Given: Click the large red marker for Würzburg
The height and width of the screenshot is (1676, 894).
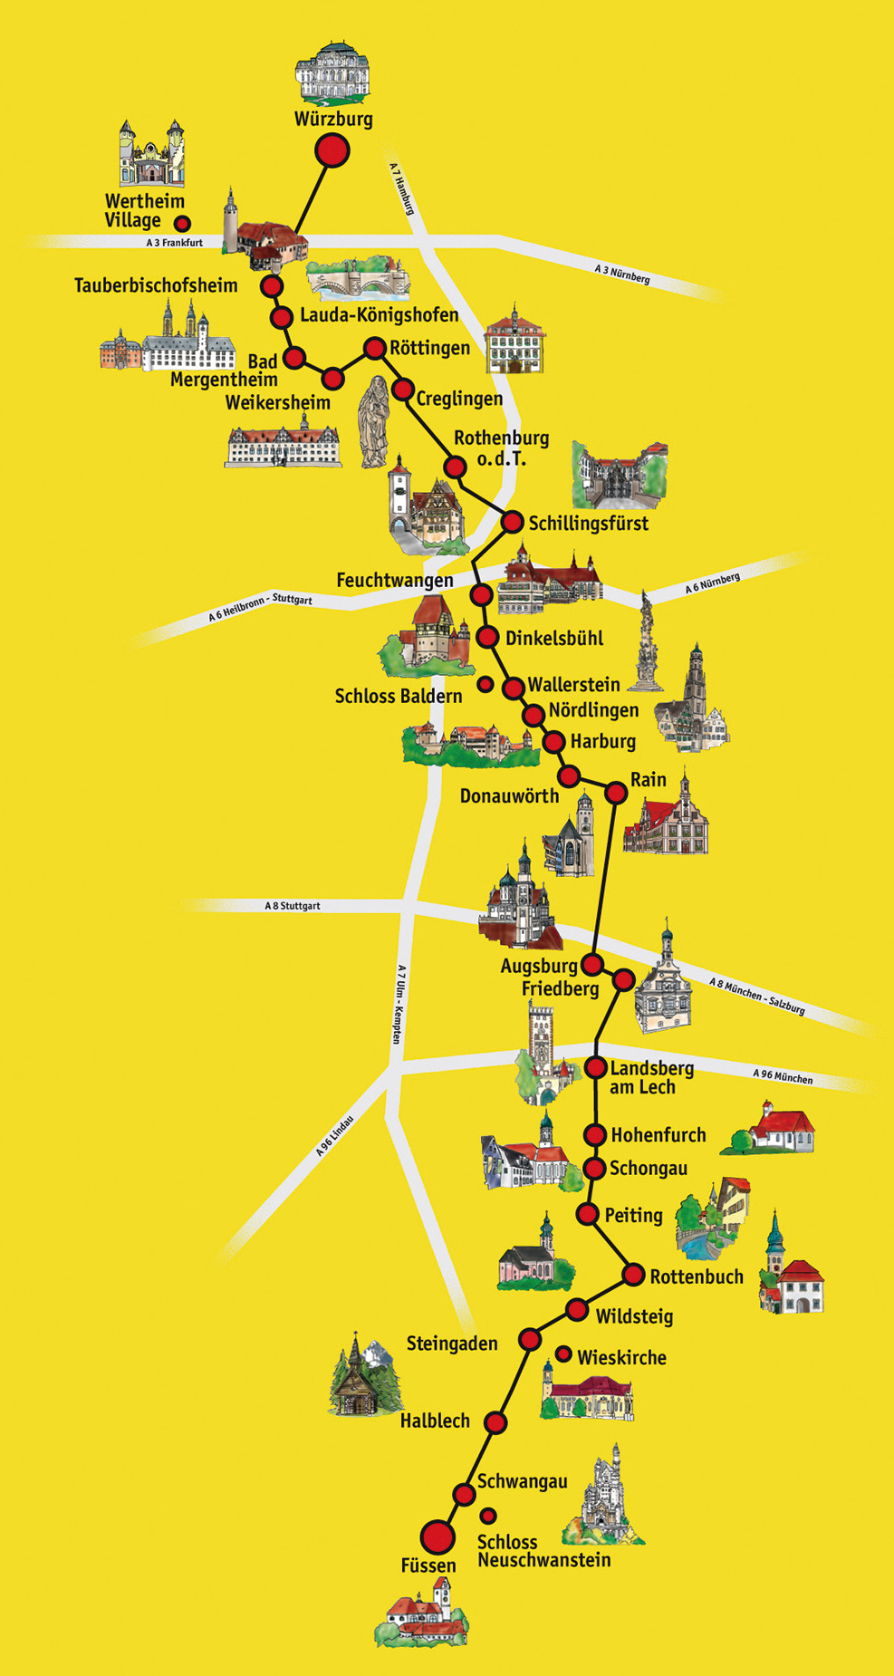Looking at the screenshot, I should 332,150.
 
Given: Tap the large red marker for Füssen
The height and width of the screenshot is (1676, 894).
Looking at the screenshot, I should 438,1536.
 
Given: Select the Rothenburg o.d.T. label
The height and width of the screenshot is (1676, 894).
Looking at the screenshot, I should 501,448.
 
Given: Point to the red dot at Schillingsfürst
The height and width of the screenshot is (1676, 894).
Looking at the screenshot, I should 513,522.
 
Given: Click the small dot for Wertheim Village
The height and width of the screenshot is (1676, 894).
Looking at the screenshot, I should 182,223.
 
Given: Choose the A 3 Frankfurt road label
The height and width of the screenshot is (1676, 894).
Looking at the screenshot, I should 174,243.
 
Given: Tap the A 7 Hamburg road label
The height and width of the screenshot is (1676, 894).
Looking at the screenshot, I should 402,188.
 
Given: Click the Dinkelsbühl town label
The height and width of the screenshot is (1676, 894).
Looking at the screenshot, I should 553,638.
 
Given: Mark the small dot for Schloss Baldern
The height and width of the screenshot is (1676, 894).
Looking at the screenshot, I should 485,684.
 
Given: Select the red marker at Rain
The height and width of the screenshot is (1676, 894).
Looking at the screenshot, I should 616,793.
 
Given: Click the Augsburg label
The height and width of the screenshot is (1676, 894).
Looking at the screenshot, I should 538,967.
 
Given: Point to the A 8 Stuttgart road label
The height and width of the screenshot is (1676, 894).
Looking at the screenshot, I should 292,906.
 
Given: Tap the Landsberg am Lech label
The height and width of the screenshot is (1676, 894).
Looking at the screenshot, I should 650,1077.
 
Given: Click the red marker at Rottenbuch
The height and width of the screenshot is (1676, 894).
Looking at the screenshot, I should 633,1275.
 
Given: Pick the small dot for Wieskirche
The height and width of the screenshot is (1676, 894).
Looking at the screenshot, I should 563,1354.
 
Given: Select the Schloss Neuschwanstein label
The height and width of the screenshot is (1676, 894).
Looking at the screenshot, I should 543,1551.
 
